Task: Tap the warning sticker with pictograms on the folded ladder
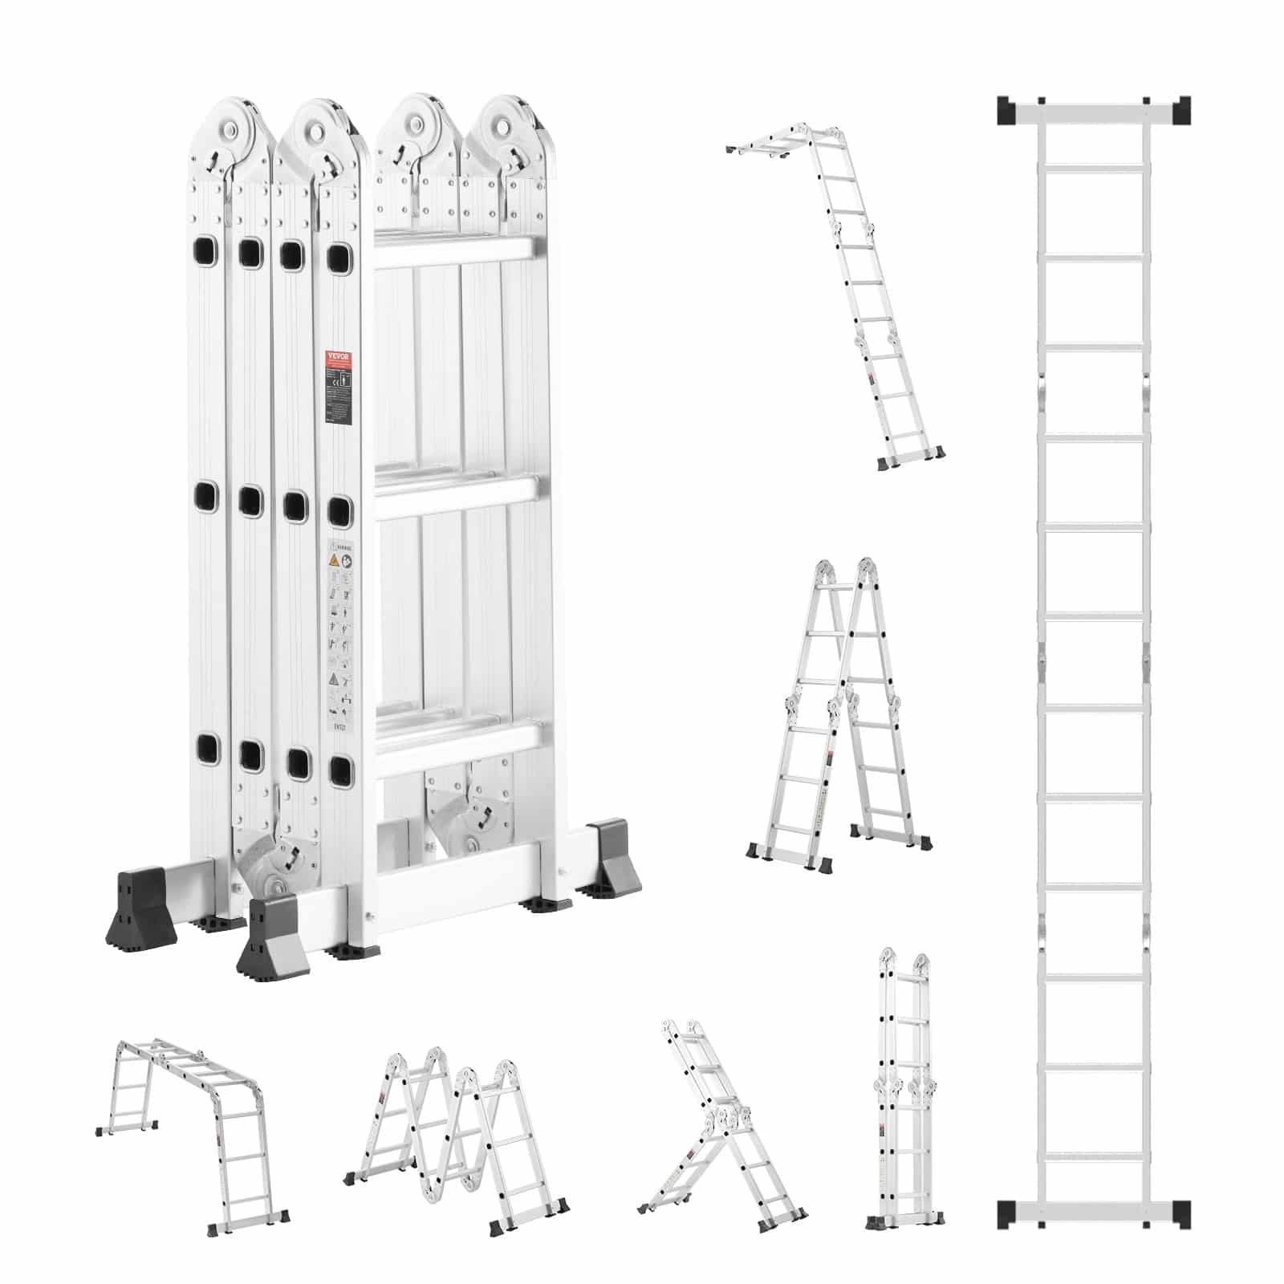[x=342, y=626]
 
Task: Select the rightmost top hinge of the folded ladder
[x=507, y=128]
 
